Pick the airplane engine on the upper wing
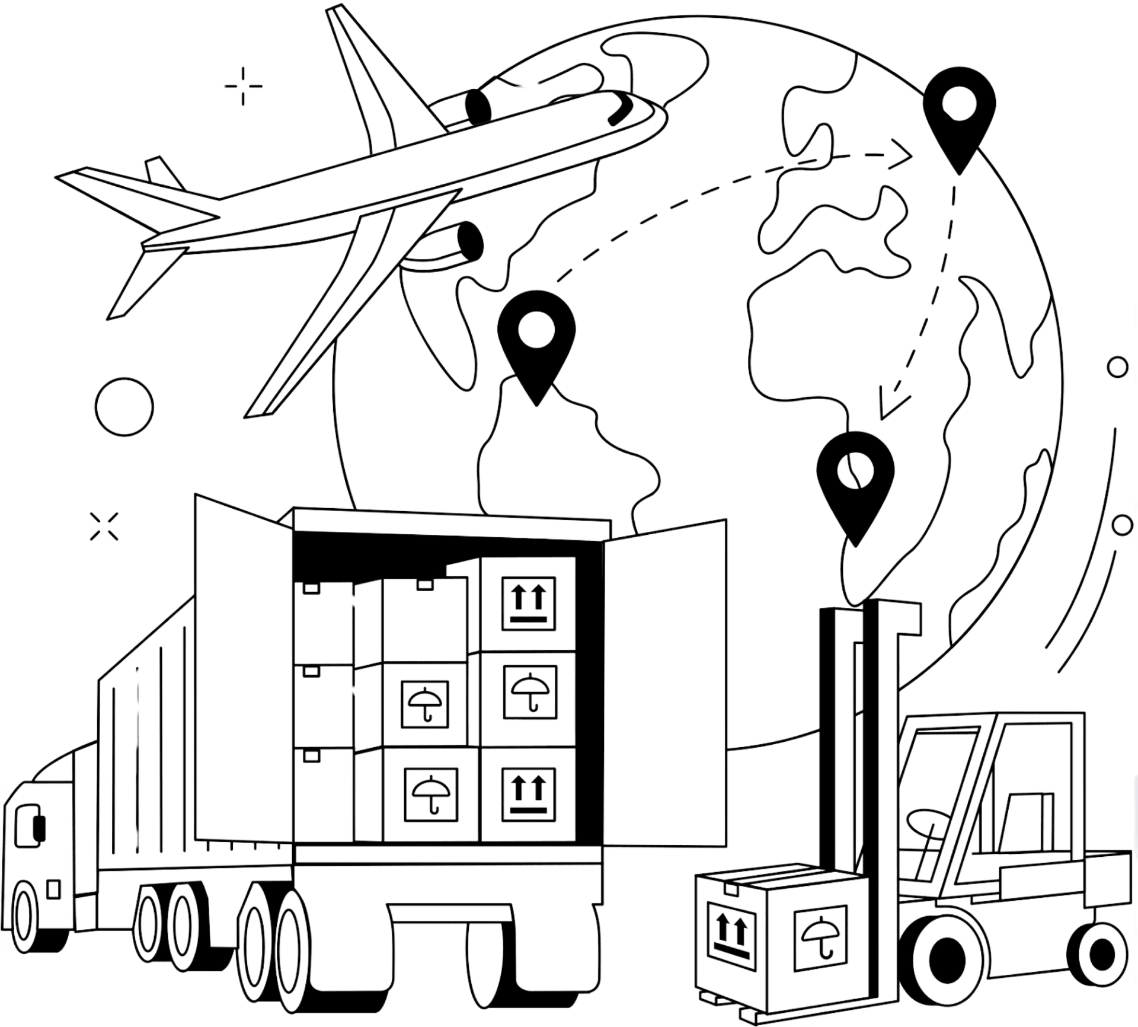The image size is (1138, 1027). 477,104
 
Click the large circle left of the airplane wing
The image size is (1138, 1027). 124,407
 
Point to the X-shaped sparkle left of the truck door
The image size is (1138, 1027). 104,526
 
